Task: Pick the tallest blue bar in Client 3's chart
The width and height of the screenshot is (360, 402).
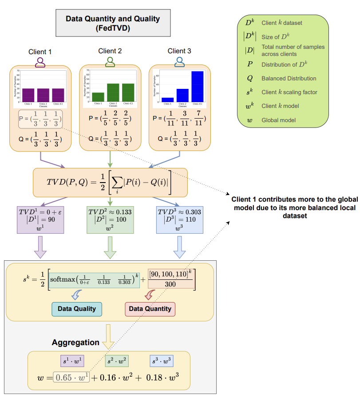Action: (x=198, y=86)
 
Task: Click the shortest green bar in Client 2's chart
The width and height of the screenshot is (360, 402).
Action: (x=98, y=97)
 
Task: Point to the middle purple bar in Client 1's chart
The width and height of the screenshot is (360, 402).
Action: (x=43, y=95)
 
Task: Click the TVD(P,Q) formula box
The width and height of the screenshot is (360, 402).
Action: (x=110, y=182)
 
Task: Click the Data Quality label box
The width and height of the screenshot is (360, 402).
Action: (x=77, y=308)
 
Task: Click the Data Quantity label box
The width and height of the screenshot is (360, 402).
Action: (x=150, y=308)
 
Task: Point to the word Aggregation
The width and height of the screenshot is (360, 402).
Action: (x=75, y=342)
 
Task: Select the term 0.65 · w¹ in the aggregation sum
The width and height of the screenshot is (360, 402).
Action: (x=71, y=378)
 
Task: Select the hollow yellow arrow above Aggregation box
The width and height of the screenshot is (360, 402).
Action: (x=109, y=335)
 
